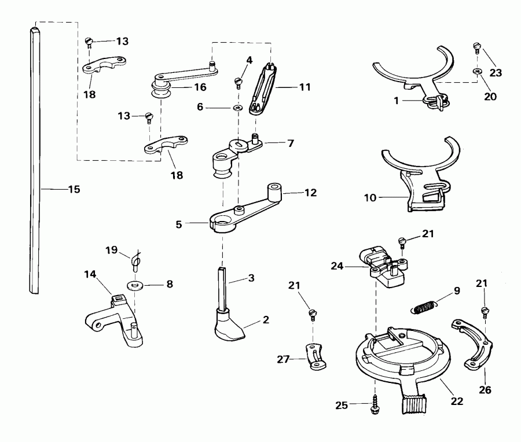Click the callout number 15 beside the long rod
(74, 189)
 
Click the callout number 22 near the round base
(457, 400)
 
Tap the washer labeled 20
(476, 71)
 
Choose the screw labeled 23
(476, 46)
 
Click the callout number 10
(370, 198)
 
